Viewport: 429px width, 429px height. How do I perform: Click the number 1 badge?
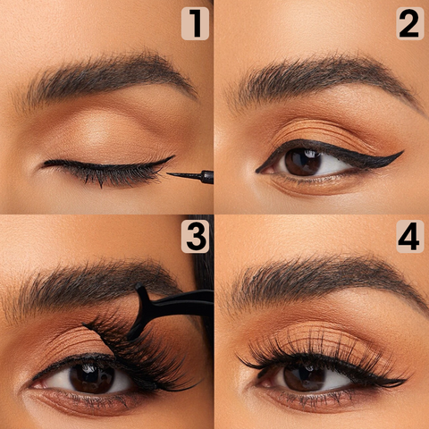pos(195,23)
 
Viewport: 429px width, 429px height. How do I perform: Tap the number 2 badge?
pos(410,23)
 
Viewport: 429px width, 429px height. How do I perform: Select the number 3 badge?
pos(195,237)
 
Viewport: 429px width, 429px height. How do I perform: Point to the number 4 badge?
pos(410,237)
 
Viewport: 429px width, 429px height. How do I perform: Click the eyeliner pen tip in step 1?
pos(168,173)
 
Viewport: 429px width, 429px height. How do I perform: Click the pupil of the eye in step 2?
pos(303,163)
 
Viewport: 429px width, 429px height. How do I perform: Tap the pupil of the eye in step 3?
pos(92,376)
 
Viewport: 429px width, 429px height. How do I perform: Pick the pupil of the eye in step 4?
pos(304,377)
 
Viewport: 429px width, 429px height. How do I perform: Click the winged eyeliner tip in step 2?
pos(403,151)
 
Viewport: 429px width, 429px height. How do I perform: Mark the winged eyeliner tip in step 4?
pos(407,380)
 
